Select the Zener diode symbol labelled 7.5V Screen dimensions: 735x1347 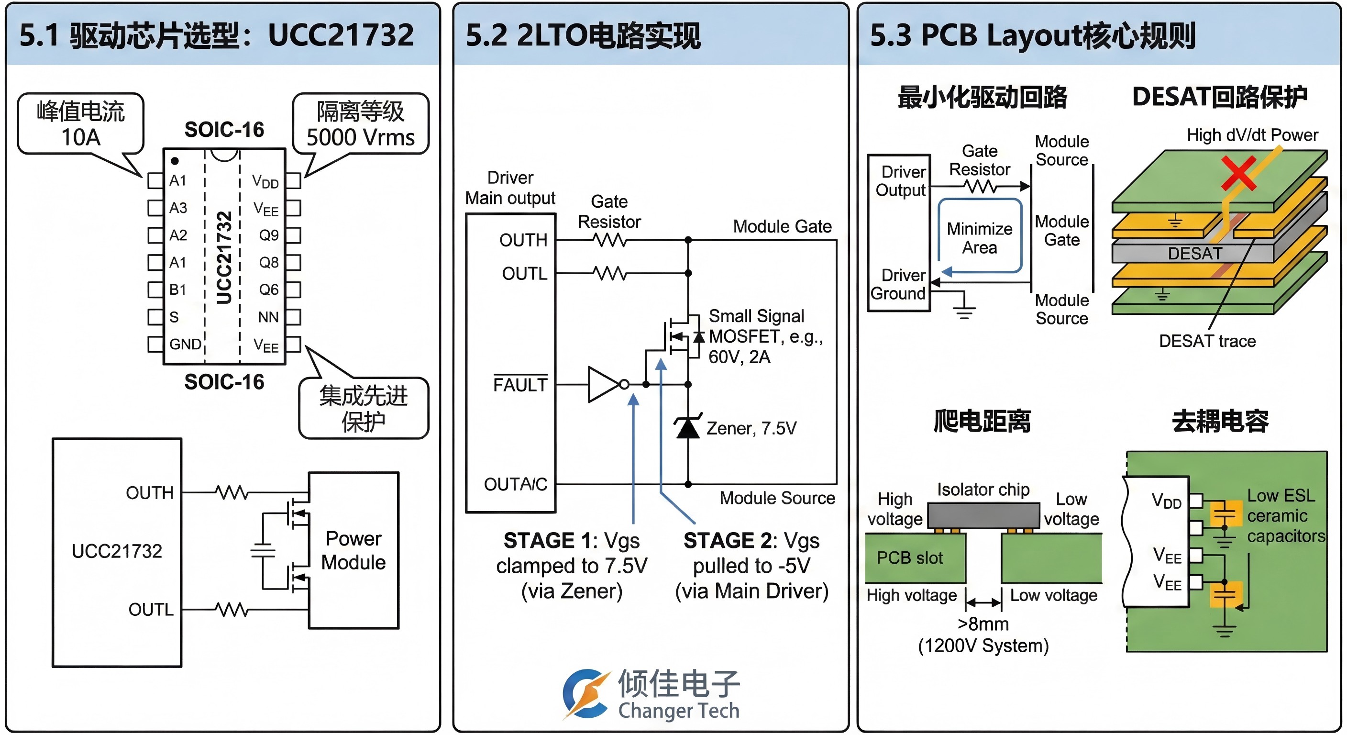pyautogui.click(x=688, y=427)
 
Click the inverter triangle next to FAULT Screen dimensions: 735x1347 pyautogui.click(x=605, y=385)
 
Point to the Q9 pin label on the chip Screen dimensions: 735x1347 pyautogui.click(x=269, y=235)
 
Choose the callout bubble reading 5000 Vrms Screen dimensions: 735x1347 pyautogui.click(x=360, y=124)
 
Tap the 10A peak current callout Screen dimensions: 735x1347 pyautogui.click(x=80, y=124)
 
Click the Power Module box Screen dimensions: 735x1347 pyautogui.click(x=353, y=550)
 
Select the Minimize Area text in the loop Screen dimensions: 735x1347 pyautogui.click(x=980, y=238)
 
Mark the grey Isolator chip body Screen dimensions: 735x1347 pyautogui.click(x=983, y=515)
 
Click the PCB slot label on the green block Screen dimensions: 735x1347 pyautogui.click(x=910, y=557)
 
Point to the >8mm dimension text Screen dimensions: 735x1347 pyautogui.click(x=983, y=624)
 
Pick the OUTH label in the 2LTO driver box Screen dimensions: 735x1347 pyautogui.click(x=523, y=240)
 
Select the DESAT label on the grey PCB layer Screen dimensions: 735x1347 pyautogui.click(x=1195, y=254)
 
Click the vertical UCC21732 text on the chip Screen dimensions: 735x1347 pyautogui.click(x=224, y=257)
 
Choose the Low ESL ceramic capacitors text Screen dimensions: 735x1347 pyautogui.click(x=1285, y=516)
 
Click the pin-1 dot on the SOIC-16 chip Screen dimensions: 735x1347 pyautogui.click(x=175, y=161)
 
